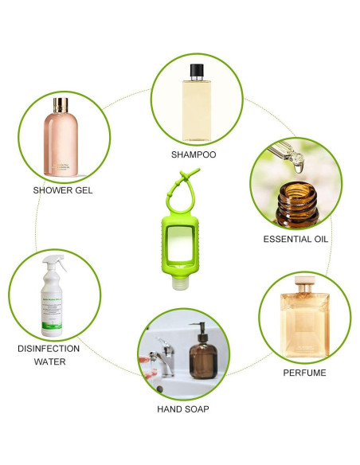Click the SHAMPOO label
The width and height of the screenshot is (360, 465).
(194, 154)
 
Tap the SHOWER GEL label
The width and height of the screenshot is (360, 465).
(64, 190)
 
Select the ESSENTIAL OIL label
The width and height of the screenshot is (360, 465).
(295, 238)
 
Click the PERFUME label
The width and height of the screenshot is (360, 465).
(304, 372)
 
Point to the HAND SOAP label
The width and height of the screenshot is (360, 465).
(184, 409)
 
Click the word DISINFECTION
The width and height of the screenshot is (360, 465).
(49, 348)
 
